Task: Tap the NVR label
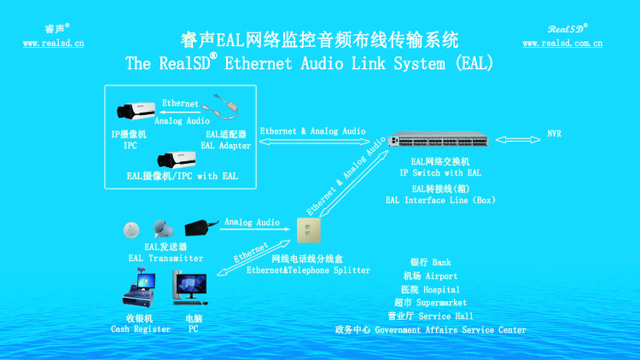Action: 555,135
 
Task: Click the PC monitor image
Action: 189,287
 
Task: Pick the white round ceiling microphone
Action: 131,229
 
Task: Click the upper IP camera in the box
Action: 137,111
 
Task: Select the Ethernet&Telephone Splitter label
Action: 308,270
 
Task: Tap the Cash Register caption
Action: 141,329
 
